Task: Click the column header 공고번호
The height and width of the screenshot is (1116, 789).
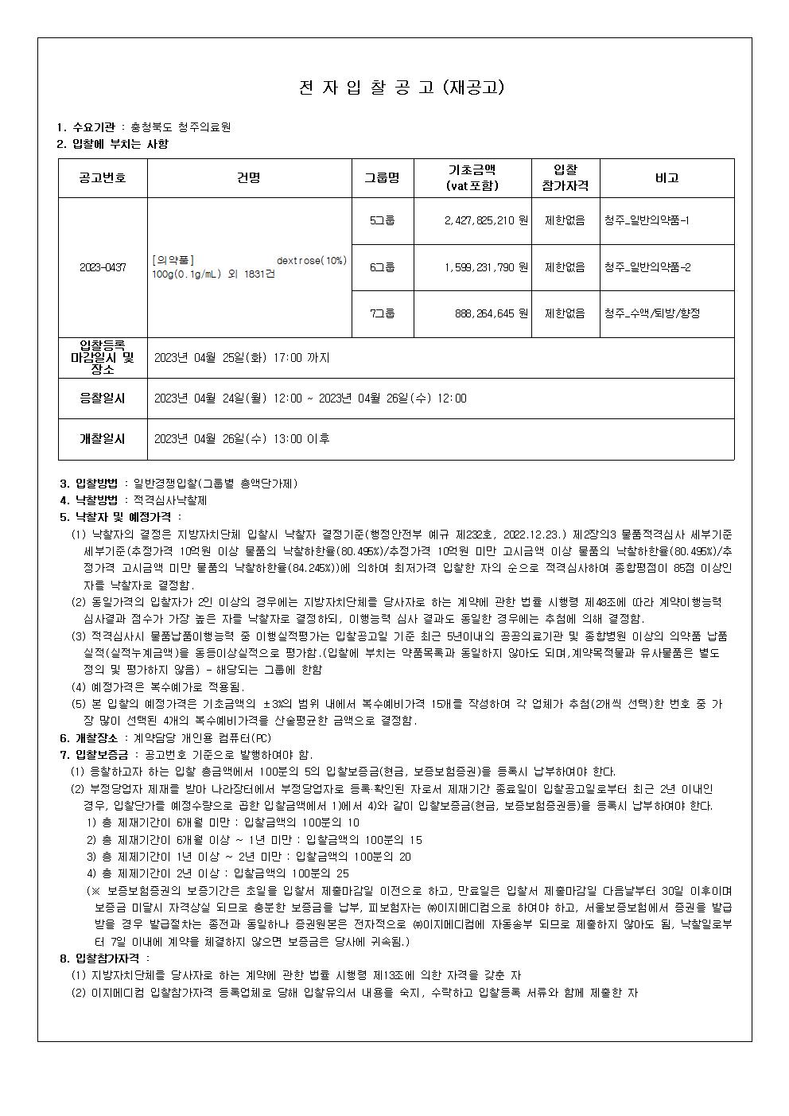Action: click(x=102, y=178)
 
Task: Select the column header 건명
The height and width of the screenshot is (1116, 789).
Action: click(x=249, y=178)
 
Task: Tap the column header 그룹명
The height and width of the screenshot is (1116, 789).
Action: click(x=383, y=178)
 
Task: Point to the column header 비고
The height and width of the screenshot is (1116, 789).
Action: click(x=667, y=178)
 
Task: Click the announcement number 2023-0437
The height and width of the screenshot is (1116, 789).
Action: click(x=103, y=267)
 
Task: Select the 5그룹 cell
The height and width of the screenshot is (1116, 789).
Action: click(x=383, y=220)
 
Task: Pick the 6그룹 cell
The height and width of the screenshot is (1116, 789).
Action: click(x=383, y=267)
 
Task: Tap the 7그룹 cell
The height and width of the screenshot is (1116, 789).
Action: click(x=383, y=313)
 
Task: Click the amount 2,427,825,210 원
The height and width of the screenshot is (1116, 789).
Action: click(x=486, y=220)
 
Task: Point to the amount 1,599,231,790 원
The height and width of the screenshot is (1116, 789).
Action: click(x=486, y=267)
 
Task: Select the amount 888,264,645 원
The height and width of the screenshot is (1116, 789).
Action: click(x=492, y=313)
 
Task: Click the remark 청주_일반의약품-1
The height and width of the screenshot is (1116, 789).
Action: click(x=647, y=220)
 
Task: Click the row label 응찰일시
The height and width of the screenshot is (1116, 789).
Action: click(x=102, y=398)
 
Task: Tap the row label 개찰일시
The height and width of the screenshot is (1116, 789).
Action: click(x=102, y=438)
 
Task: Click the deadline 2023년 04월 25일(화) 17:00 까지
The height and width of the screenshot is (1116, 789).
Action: click(x=242, y=358)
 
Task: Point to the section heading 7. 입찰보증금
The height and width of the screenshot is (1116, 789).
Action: click(x=99, y=754)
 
